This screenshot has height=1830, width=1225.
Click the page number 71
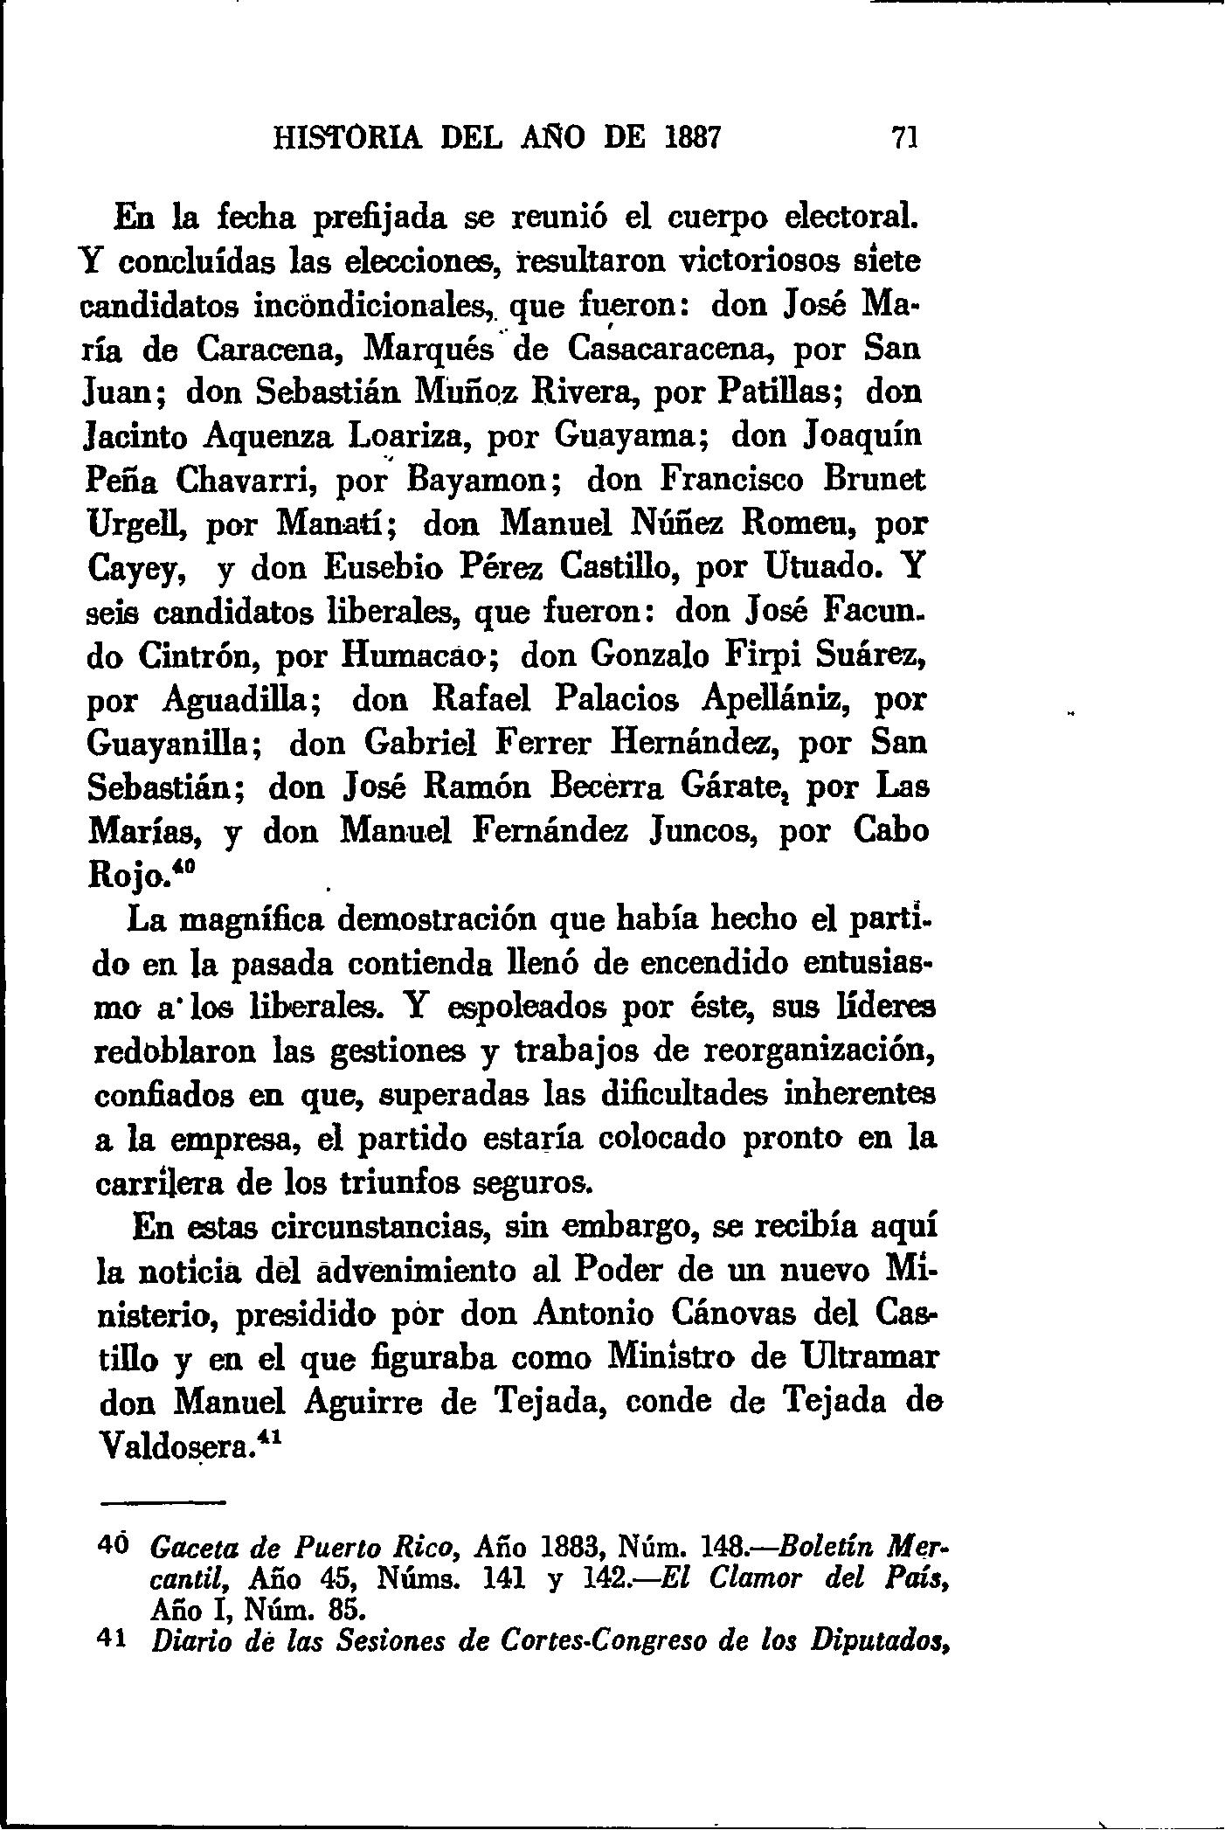[903, 138]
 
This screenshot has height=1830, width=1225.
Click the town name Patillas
[779, 392]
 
